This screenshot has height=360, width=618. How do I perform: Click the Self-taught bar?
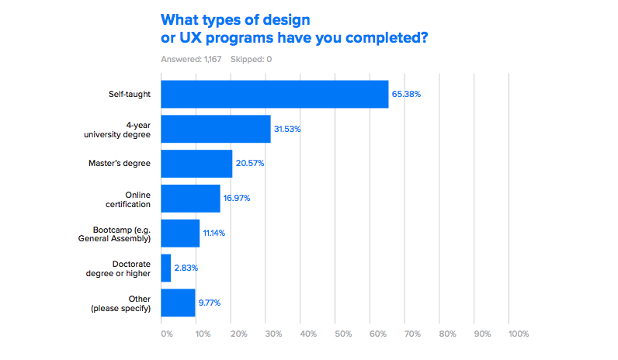pyautogui.click(x=274, y=95)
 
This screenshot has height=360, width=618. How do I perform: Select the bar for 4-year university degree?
pyautogui.click(x=216, y=129)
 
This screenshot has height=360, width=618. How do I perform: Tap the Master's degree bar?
pyautogui.click(x=196, y=164)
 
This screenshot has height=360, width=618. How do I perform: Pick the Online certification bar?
pyautogui.click(x=190, y=198)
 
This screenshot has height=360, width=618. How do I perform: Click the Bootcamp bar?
pyautogui.click(x=180, y=233)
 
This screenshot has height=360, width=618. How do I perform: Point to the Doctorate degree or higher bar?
pyautogui.click(x=165, y=268)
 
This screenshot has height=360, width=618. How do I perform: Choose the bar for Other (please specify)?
pyautogui.click(x=178, y=303)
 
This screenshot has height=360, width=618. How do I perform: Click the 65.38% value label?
pyautogui.click(x=406, y=95)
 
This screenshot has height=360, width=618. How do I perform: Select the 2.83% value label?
pyautogui.click(x=186, y=268)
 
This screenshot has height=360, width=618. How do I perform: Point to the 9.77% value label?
pyautogui.click(x=210, y=303)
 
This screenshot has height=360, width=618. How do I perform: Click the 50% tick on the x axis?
pyautogui.click(x=344, y=334)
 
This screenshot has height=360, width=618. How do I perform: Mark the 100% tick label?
pyautogui.click(x=519, y=334)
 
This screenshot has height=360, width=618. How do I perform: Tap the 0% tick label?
pyautogui.click(x=167, y=334)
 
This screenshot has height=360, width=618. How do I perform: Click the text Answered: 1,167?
pyautogui.click(x=190, y=59)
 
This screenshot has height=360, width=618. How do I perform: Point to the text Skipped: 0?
pyautogui.click(x=251, y=59)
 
